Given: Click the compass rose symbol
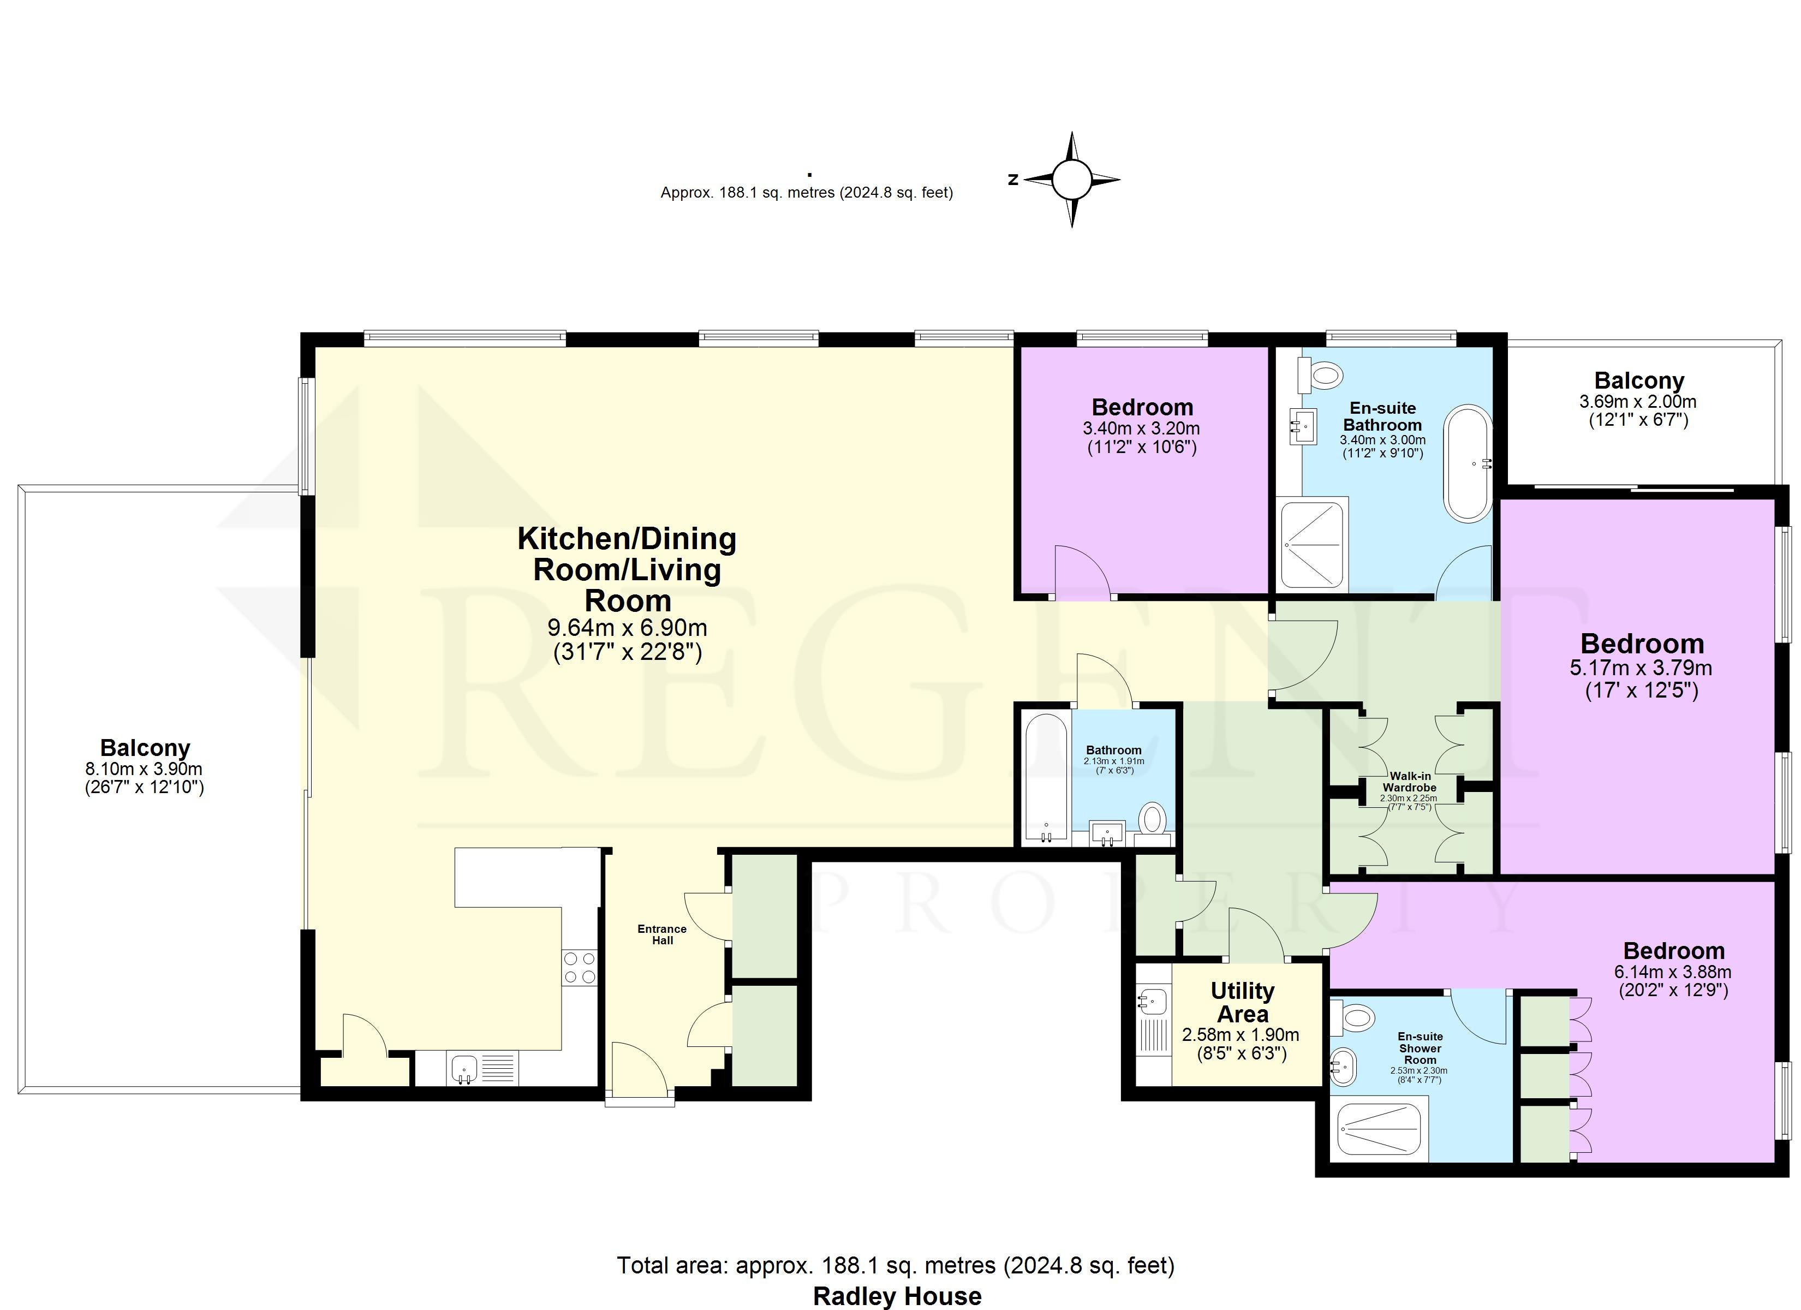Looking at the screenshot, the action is coord(1072,180).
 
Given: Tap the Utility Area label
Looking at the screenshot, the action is coord(1243,1003).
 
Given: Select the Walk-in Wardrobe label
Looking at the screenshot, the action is coord(1410,782).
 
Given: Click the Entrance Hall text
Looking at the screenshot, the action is coord(662,934).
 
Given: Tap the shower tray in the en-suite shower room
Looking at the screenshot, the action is coord(1379,1128).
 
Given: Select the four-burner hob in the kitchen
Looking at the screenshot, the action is coord(580,968).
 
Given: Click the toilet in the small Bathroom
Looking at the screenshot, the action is coord(1152,819).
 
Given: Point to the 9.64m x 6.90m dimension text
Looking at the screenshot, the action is coord(627,628).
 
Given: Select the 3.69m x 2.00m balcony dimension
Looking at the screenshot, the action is coord(1638,402).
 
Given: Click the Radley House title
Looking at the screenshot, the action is coord(897,1296).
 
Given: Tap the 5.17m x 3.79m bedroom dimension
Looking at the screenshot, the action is coord(1641,668).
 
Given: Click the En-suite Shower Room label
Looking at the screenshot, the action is coord(1421,1048).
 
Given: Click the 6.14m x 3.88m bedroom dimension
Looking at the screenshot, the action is coord(1673,972).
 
